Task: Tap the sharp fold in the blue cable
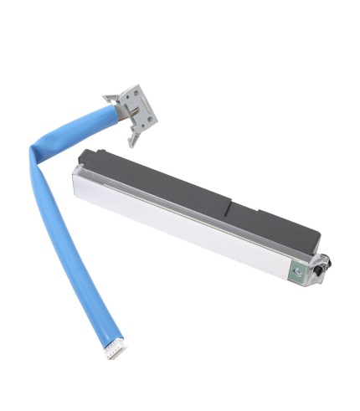35,153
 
